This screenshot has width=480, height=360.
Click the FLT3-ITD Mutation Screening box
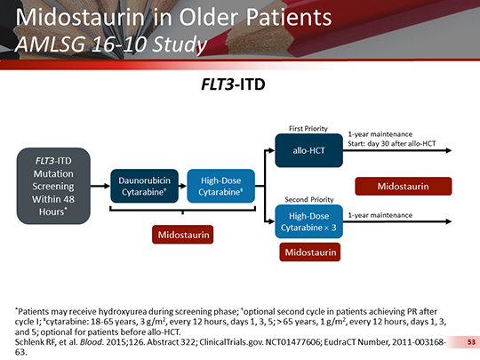click(x=56, y=187)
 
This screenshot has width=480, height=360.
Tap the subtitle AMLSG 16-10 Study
click(x=112, y=44)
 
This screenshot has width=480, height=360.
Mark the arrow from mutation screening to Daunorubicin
click(x=101, y=187)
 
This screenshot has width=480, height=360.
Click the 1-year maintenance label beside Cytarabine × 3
click(x=380, y=215)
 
